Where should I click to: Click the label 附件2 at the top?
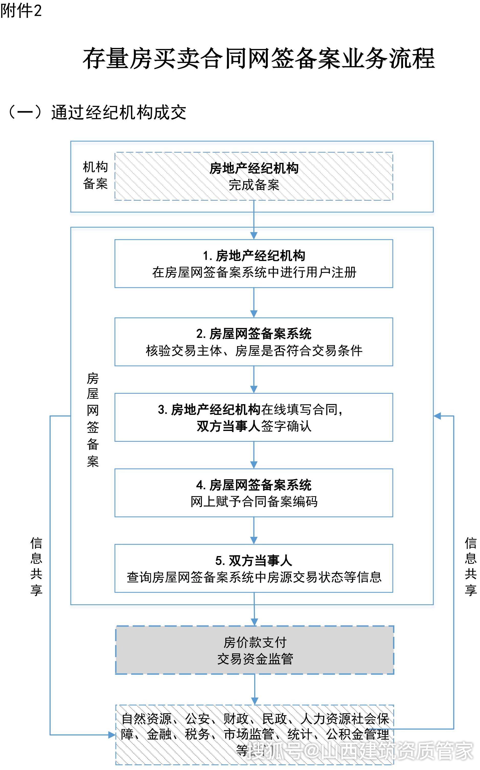click(x=21, y=11)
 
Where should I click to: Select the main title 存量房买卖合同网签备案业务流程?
click(x=259, y=59)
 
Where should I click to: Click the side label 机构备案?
click(x=95, y=175)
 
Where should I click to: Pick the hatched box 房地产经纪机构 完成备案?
click(x=254, y=176)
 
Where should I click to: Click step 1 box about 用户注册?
click(x=254, y=264)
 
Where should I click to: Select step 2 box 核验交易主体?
click(x=254, y=342)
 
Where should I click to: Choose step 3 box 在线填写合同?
click(x=254, y=417)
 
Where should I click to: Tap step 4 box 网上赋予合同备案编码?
click(x=254, y=493)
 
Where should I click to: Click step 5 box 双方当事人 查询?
click(x=254, y=568)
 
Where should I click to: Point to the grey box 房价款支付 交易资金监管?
click(x=255, y=650)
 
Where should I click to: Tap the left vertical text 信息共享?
click(x=36, y=566)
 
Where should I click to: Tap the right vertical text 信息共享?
click(x=471, y=566)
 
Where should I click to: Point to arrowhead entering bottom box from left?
click(x=112, y=734)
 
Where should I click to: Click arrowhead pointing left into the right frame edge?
click(x=438, y=416)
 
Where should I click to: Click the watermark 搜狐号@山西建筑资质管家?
click(x=359, y=751)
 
